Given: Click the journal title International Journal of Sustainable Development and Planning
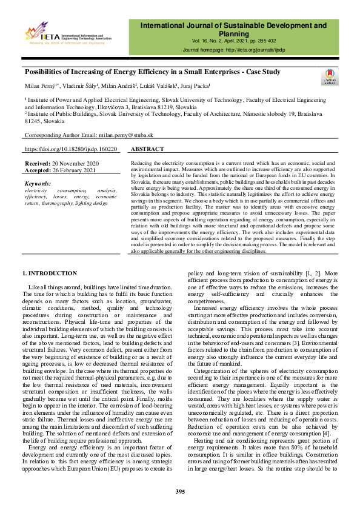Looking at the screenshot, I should point(233,30).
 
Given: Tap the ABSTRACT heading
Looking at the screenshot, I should point(147,149).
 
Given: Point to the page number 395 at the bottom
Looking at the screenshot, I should point(179,491).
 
